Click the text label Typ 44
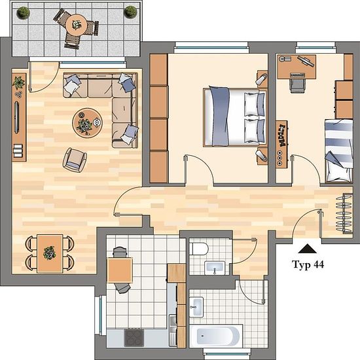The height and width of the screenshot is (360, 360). pos(308,264)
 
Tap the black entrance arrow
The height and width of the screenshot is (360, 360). pos(307,249)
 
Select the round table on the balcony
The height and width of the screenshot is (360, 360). pos(77,25)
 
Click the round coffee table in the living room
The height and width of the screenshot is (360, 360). pos(87,123)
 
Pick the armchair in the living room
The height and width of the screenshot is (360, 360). pos(75,160)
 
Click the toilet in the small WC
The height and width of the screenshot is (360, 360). pos(199,249)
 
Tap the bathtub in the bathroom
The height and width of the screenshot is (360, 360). pos(216,336)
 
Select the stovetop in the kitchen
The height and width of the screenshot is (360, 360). pos(134,338)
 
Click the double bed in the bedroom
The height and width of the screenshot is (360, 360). pos(235,117)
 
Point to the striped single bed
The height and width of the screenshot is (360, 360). pos(339,151)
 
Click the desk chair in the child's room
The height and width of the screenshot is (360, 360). pos(298,86)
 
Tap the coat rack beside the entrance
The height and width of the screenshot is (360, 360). pos(344,214)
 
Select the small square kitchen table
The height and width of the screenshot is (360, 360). pos(120,270)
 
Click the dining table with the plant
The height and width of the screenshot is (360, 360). pos(50,253)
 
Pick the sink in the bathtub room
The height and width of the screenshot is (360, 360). pos(196,307)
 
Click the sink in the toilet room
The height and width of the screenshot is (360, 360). pos(215,268)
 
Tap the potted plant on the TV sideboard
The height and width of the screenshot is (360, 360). pos(18,82)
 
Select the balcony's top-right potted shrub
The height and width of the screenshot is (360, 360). pos(130,12)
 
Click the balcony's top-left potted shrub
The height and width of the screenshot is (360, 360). pos(23,12)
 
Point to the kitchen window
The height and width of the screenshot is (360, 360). pos(101,315)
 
